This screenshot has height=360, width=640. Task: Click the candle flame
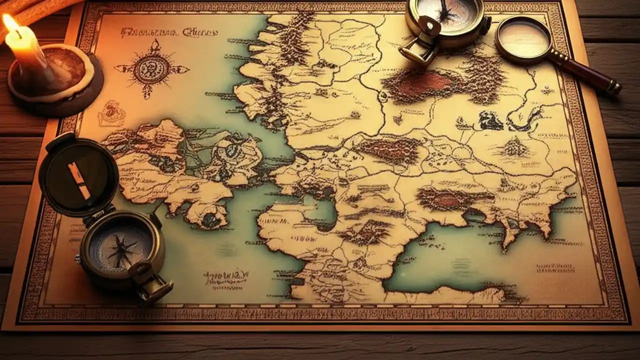[x=11, y=24]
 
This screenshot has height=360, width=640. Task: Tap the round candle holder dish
[x=55, y=80]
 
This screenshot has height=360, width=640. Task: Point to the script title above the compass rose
[x=168, y=33]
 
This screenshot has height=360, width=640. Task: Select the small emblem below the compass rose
[x=111, y=114]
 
